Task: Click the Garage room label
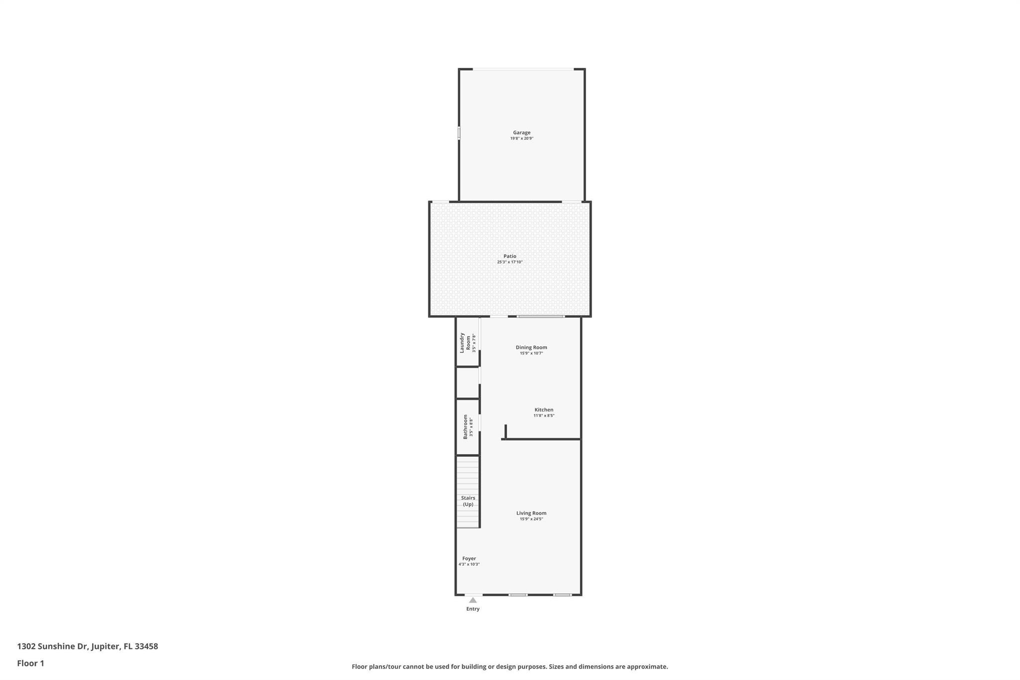coord(521,133)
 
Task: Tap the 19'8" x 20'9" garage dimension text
coord(521,138)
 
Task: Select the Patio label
coord(510,256)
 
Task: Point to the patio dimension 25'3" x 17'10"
coord(510,262)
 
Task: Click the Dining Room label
coord(531,347)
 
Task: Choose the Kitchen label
coord(544,409)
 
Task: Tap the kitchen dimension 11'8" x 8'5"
coord(544,415)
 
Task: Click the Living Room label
coord(531,513)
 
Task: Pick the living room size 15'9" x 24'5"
coord(531,519)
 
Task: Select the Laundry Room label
coord(465,343)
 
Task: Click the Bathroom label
coord(466,426)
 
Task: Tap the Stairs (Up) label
coord(468,501)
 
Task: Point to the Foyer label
coord(469,558)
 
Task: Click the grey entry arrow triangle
coord(473,600)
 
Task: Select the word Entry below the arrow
coord(473,609)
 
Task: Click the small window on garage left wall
coord(459,133)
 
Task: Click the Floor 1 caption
coord(30,663)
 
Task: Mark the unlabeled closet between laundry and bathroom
coord(468,383)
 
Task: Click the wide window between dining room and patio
coord(541,316)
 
